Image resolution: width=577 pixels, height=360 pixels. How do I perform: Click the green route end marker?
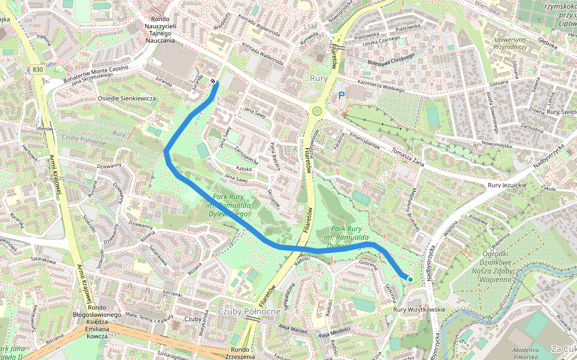[x=411, y=279]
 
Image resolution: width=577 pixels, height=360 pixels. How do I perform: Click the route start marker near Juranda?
[x=213, y=82]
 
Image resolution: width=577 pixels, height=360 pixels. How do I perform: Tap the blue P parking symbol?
[x=342, y=95]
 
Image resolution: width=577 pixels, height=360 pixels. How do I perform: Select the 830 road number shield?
[x=38, y=70]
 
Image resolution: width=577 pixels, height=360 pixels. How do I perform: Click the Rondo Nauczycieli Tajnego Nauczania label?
[x=160, y=25]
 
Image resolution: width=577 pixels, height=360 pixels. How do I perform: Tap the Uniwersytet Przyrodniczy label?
[x=510, y=43]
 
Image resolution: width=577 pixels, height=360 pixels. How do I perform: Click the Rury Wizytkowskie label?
[x=419, y=310]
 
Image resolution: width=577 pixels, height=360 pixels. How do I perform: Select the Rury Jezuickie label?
[x=507, y=186]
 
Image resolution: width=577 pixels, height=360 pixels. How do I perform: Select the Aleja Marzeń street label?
[x=290, y=330]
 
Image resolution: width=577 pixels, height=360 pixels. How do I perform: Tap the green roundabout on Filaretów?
[x=316, y=110]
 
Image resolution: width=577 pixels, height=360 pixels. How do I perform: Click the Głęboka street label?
[x=548, y=43]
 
